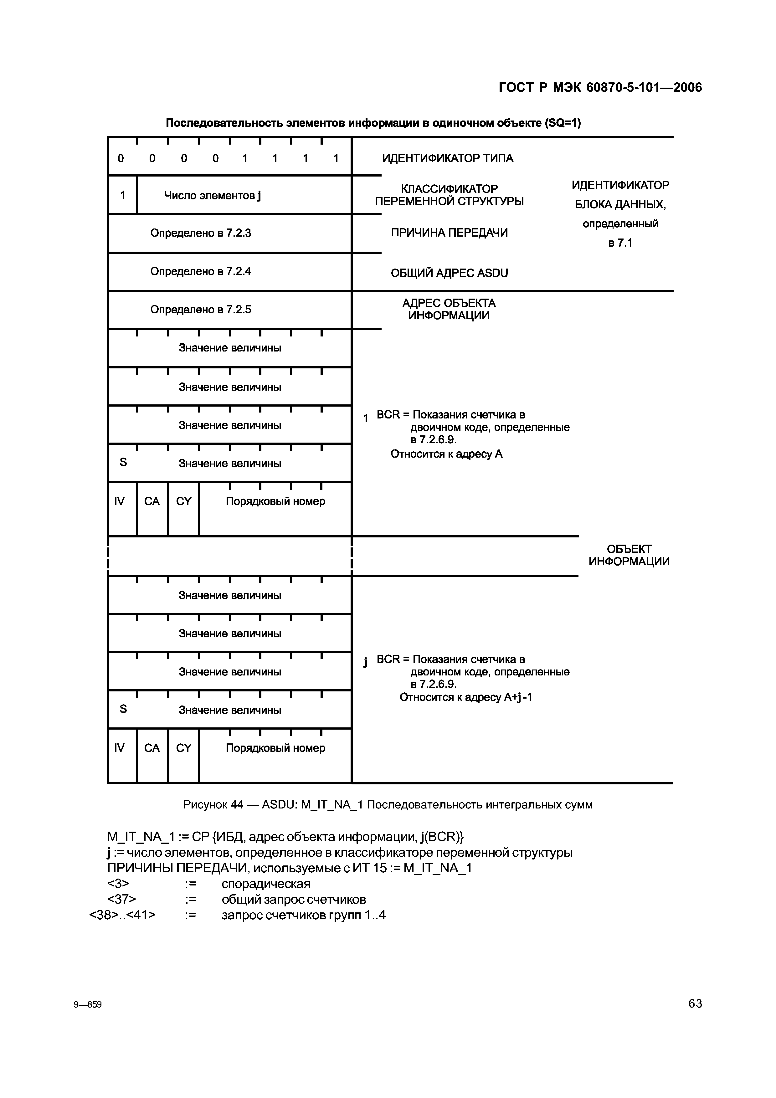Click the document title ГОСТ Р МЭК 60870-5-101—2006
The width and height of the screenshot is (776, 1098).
600,88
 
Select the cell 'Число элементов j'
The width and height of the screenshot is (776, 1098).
213,196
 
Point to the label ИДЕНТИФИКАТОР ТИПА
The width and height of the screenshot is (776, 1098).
448,158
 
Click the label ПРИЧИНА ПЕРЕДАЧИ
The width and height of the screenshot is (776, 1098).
449,233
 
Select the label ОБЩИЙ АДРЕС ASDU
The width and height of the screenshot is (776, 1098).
449,273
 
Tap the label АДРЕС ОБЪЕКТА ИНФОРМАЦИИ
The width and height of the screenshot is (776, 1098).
449,310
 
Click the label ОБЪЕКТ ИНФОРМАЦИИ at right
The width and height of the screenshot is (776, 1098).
629,555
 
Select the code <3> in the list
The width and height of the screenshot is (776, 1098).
118,884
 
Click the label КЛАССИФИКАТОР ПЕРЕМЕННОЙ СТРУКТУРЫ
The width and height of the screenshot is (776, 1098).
449,195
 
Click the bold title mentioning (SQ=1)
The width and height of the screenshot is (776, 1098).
373,123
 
